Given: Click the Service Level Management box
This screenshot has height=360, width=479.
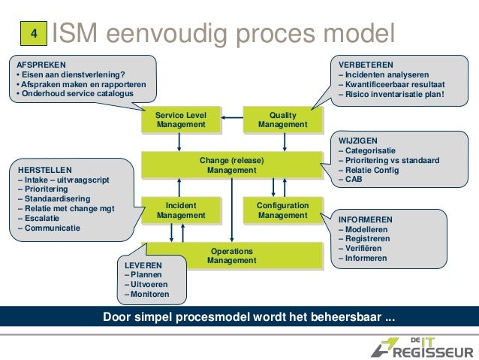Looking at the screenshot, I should point(180,119).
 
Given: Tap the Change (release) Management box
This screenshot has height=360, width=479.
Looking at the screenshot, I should point(231,165).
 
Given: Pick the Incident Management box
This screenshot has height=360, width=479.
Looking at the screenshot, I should point(180,210).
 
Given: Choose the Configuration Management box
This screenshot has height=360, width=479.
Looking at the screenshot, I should point(282,210).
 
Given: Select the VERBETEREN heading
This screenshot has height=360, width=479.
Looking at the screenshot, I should point(366,64).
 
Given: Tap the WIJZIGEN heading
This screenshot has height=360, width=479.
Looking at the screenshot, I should point(359,140).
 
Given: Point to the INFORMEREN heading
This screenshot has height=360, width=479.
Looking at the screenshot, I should point(366,219).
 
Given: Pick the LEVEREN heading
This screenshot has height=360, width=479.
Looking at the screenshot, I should point(142,265).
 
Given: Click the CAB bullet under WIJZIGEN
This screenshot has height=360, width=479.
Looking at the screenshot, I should point(351,180).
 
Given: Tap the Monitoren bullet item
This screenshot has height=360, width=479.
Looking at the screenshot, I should point(148,295).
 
